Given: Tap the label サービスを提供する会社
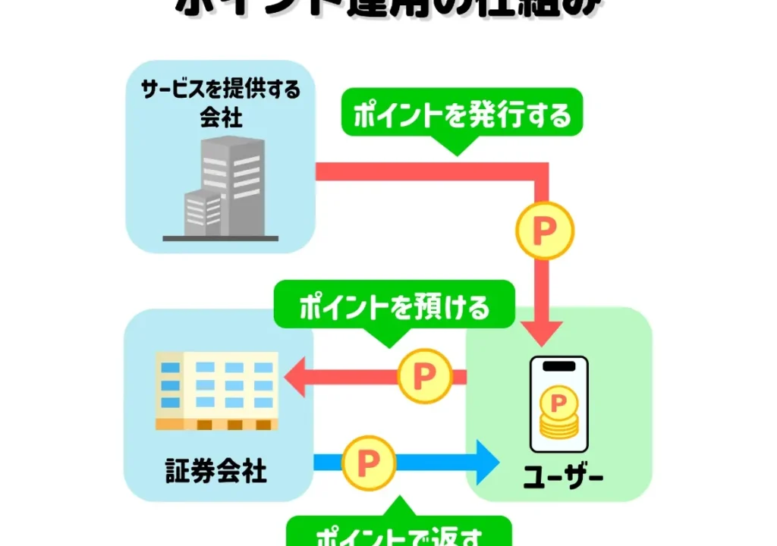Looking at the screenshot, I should (x=221, y=103).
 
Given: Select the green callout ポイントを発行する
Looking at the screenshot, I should (x=461, y=115).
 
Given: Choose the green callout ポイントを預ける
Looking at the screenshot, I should (x=394, y=307).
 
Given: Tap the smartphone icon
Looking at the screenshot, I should (x=558, y=403).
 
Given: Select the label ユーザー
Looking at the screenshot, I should (x=564, y=477).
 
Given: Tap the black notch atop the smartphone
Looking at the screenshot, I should (x=558, y=366).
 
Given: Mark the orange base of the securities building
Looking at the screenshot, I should (x=217, y=424).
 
